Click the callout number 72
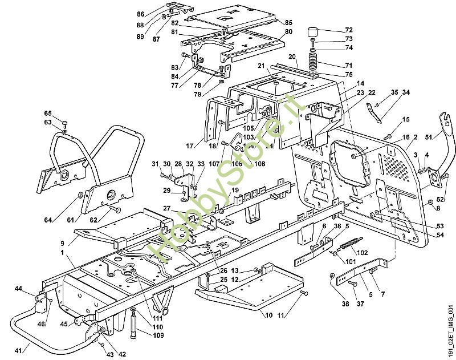349,29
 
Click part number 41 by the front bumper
18,350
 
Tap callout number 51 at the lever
429,136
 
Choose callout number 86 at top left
141,14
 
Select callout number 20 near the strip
292,56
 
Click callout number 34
406,92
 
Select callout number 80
288,31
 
